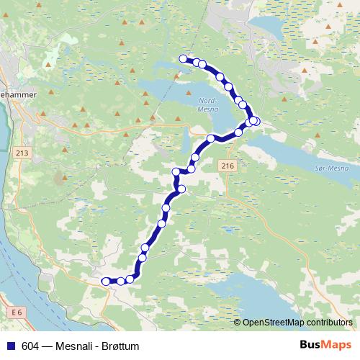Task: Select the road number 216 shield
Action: pos(228,166)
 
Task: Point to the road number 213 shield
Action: pos(20,153)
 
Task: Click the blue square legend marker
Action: pos(11,346)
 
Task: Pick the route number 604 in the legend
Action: pos(30,346)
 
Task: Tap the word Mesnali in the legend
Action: pos(71,346)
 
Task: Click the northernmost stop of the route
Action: pos(184,59)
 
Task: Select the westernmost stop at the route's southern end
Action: pos(105,281)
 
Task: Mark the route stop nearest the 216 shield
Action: pos(238,132)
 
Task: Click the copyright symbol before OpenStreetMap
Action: pos(238,323)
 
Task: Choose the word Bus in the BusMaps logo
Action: pos(310,346)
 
